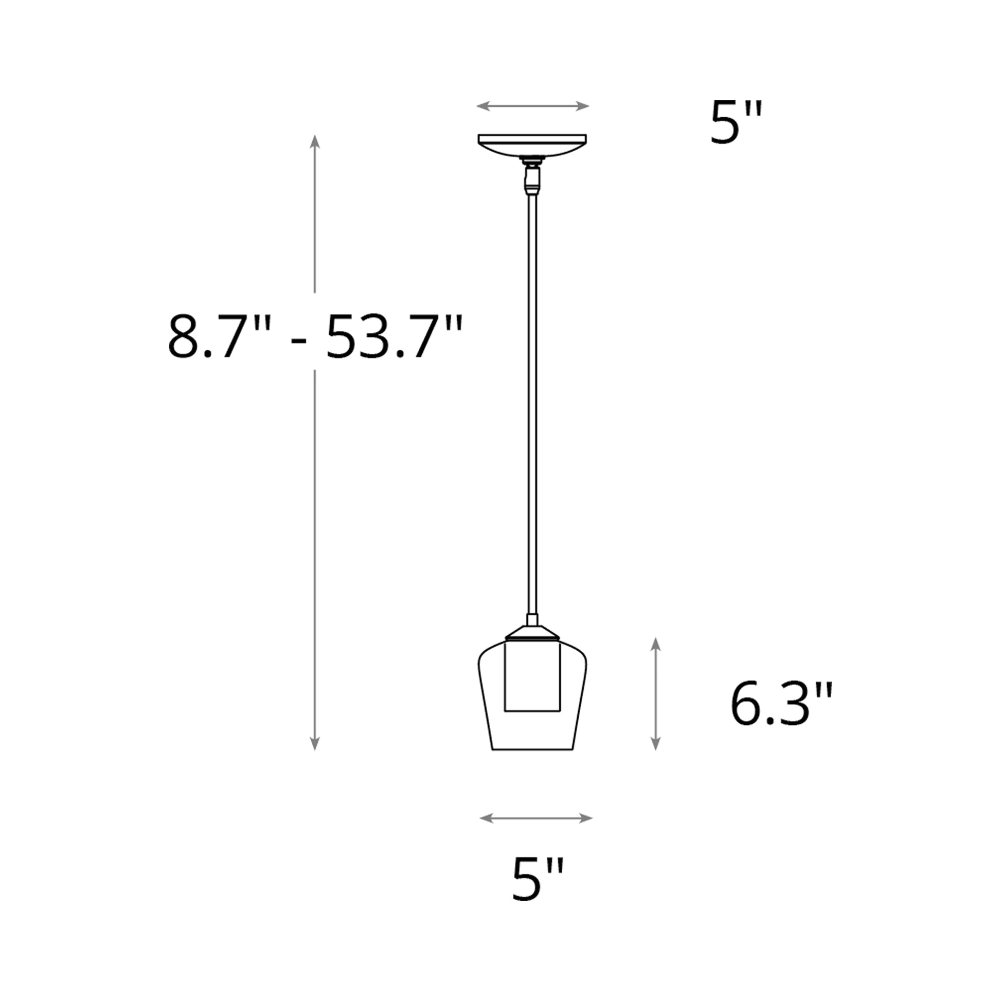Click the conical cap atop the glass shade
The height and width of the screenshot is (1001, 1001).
(x=532, y=633)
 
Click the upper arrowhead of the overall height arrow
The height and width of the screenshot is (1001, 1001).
(x=314, y=141)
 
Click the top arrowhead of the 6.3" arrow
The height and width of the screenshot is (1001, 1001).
(x=655, y=643)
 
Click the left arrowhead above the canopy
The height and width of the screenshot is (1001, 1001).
(x=483, y=106)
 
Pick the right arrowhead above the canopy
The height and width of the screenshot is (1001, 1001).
(x=583, y=106)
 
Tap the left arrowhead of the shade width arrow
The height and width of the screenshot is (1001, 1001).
(x=486, y=818)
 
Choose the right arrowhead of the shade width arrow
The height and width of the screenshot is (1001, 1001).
(x=586, y=818)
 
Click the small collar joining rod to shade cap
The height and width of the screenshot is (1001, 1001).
(x=532, y=620)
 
